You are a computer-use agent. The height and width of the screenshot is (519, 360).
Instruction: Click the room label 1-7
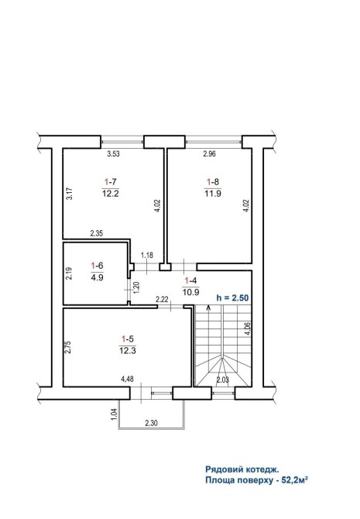click(111, 182)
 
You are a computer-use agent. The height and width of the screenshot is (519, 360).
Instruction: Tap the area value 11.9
click(213, 194)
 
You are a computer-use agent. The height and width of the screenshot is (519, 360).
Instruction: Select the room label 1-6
click(97, 266)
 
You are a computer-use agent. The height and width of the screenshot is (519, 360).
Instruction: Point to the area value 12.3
click(128, 351)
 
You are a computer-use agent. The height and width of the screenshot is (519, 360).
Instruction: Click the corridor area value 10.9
click(190, 293)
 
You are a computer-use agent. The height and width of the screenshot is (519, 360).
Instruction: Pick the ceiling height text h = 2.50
click(232, 297)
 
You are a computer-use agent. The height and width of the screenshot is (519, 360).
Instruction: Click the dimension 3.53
click(113, 153)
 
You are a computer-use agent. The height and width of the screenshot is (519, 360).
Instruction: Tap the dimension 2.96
click(210, 153)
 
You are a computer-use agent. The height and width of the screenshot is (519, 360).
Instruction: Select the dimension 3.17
click(69, 194)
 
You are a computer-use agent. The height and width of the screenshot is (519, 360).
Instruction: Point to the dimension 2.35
click(97, 233)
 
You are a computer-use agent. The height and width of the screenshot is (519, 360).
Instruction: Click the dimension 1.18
click(147, 255)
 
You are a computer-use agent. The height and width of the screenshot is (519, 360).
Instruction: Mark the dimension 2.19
click(69, 273)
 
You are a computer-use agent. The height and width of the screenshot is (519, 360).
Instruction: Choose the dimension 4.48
click(128, 380)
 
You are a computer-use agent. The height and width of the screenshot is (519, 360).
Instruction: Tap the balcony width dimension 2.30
click(151, 423)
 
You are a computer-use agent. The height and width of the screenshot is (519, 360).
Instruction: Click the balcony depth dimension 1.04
click(114, 414)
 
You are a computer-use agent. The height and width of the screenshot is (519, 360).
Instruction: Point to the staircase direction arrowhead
click(208, 308)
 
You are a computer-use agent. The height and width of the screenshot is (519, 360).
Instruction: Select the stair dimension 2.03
click(223, 380)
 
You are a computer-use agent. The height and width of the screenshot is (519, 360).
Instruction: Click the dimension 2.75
click(68, 346)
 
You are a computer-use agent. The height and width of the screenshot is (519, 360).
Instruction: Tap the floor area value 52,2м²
click(295, 480)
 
